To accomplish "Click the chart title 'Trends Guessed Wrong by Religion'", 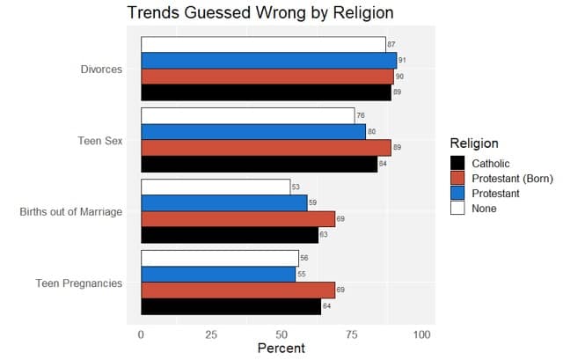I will point(260,13).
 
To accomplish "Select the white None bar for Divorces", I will point(263,45).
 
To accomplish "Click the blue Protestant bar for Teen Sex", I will point(253,132).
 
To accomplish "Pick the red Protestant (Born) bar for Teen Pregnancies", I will point(238,290).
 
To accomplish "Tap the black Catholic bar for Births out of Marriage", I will point(230,235).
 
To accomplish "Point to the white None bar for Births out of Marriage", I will point(216,187).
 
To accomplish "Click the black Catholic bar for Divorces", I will point(266,92).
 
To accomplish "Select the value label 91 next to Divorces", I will point(402,61).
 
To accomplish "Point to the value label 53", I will point(296,187).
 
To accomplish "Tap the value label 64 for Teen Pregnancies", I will point(326,306).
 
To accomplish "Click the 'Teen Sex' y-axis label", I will point(100,140).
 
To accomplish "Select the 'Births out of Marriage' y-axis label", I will point(71,211).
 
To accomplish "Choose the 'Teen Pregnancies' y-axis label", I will point(79,283).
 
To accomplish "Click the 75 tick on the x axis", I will point(352,335).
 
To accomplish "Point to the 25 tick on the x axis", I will point(211,335).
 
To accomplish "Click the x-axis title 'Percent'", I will point(281,349).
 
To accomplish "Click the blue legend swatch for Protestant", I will point(457,194).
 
